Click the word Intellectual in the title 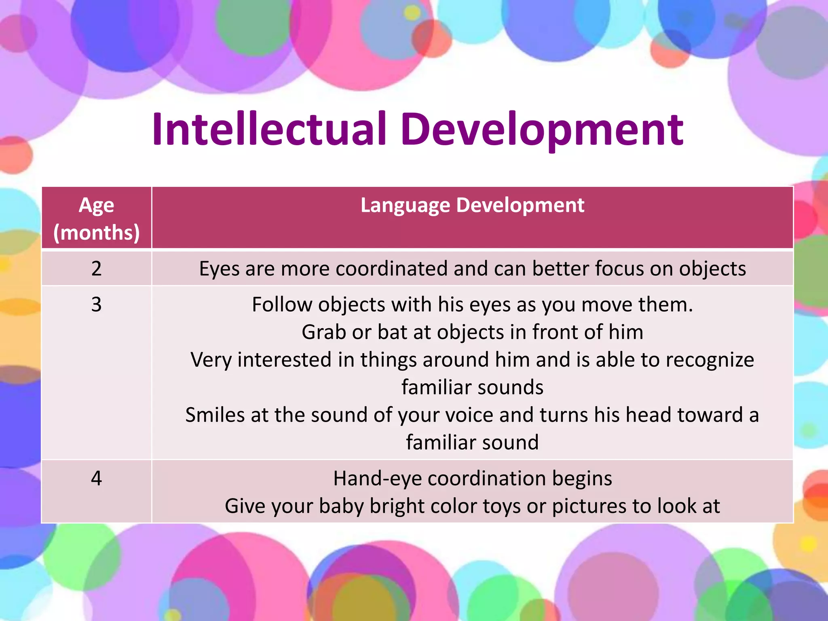(269, 129)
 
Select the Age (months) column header (96, 218)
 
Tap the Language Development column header (472, 205)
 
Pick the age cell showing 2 (96, 268)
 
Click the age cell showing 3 (96, 304)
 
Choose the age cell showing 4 (96, 478)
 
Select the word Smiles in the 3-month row (215, 415)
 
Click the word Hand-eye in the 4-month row (377, 478)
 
